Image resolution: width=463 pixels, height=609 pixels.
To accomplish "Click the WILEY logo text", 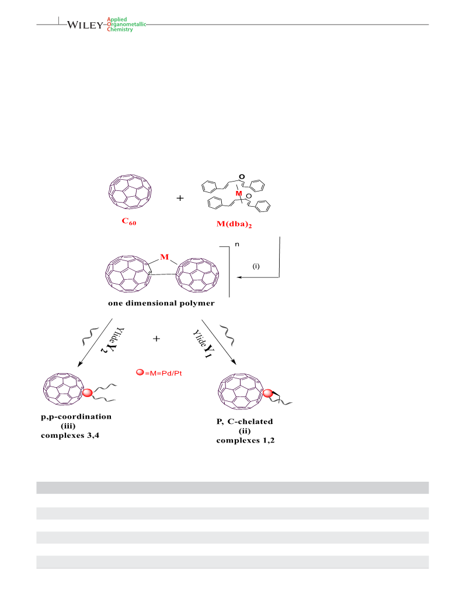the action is tap(85, 25).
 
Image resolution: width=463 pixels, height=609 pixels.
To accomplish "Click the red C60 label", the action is tap(129, 221).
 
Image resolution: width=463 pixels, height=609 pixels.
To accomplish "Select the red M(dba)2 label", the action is tap(234, 224).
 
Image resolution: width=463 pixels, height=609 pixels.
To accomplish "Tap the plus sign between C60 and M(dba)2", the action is tap(180, 198).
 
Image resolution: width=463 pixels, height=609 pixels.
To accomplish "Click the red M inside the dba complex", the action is tap(239, 193).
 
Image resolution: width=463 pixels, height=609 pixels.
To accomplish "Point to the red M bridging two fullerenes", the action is tap(165, 257).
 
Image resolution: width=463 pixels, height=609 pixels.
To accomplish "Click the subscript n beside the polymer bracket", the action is tap(237, 244).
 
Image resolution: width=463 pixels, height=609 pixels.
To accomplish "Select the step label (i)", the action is tap(256, 266).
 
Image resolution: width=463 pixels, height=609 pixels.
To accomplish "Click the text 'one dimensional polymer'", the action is tap(161, 303).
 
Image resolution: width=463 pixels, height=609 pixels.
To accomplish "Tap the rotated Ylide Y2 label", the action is tap(113, 340).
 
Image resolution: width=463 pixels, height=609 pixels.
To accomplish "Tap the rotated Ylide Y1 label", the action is tap(203, 343).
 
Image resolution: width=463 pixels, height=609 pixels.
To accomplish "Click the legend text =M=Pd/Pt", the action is tap(163, 373).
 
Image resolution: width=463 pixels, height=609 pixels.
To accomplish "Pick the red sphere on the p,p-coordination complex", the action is tap(88, 392).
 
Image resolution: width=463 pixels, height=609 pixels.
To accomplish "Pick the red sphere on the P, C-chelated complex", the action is tap(268, 394).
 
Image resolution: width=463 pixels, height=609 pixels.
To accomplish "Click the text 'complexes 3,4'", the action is tap(70, 436).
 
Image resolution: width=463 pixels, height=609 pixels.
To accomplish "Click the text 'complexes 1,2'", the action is tap(245, 440).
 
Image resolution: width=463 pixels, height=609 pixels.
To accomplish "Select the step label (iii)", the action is tap(68, 426).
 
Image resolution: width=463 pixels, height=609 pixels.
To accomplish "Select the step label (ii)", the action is tap(245, 431).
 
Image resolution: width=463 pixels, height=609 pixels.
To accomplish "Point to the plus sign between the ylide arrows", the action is tap(156, 339).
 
